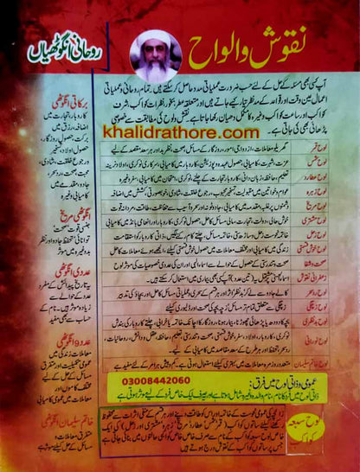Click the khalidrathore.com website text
click(181, 132)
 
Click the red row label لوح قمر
click(332, 148)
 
